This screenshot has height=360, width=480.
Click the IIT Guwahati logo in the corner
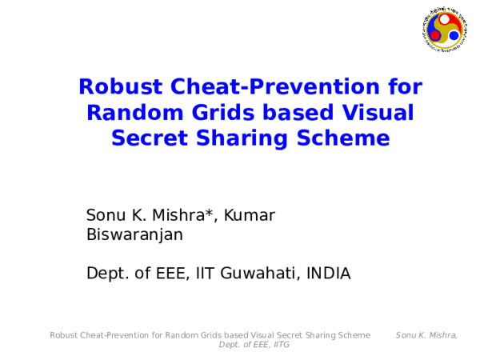point(443,28)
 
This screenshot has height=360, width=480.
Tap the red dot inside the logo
point(435,35)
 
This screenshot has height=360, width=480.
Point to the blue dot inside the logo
point(453,35)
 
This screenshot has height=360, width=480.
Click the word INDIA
point(328,274)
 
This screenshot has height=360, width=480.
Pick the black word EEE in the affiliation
point(170,274)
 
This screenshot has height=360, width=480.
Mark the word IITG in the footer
point(281,345)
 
